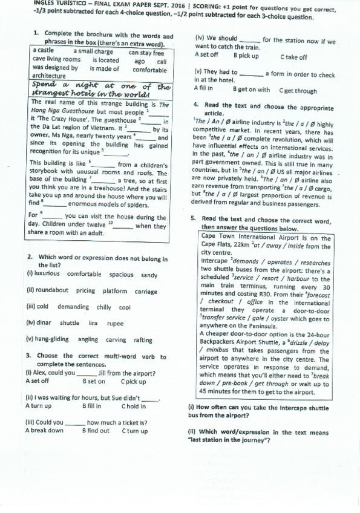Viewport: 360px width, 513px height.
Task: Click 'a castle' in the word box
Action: pyautogui.click(x=44, y=51)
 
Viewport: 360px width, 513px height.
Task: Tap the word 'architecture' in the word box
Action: pyautogui.click(x=49, y=76)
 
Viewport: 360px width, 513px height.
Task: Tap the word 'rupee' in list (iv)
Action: pyautogui.click(x=115, y=323)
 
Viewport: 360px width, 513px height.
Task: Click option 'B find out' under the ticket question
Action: pyautogui.click(x=96, y=431)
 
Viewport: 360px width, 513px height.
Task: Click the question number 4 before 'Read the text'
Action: pyautogui.click(x=188, y=105)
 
